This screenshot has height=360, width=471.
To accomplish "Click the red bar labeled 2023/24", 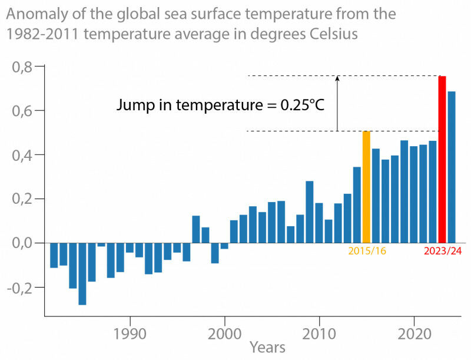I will [x=442, y=159].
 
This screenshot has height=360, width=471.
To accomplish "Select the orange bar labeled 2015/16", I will [x=366, y=187].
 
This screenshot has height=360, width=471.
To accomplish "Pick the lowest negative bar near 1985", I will [x=82, y=273].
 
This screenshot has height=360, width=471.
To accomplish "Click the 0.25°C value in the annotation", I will [x=301, y=105].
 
